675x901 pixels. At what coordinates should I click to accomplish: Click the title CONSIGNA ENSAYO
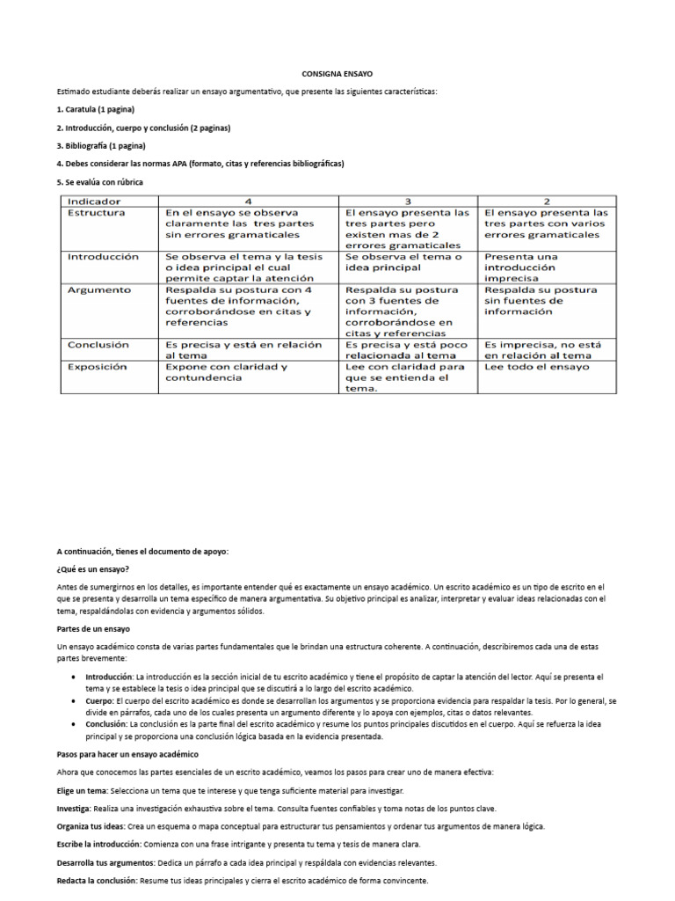click(x=337, y=74)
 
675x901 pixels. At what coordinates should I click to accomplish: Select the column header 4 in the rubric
click(x=248, y=201)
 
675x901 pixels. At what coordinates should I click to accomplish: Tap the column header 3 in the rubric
click(x=409, y=201)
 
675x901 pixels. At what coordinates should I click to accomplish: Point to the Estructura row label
click(x=97, y=213)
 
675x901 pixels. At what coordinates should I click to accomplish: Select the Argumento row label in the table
click(x=98, y=289)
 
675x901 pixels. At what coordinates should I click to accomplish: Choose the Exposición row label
click(x=98, y=366)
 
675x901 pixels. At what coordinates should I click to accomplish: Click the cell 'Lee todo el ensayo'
click(x=537, y=366)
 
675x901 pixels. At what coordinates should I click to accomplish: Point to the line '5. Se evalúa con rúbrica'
click(x=99, y=182)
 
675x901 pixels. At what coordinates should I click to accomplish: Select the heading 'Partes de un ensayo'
click(x=94, y=629)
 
